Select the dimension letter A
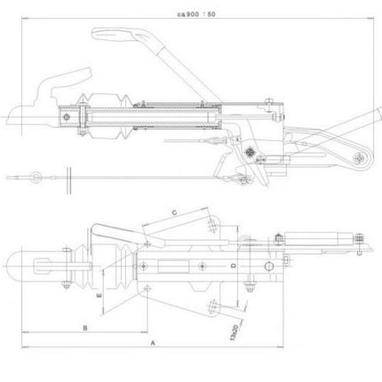point(153,341)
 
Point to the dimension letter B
point(84,328)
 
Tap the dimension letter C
point(174,211)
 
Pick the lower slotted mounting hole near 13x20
point(212,308)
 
